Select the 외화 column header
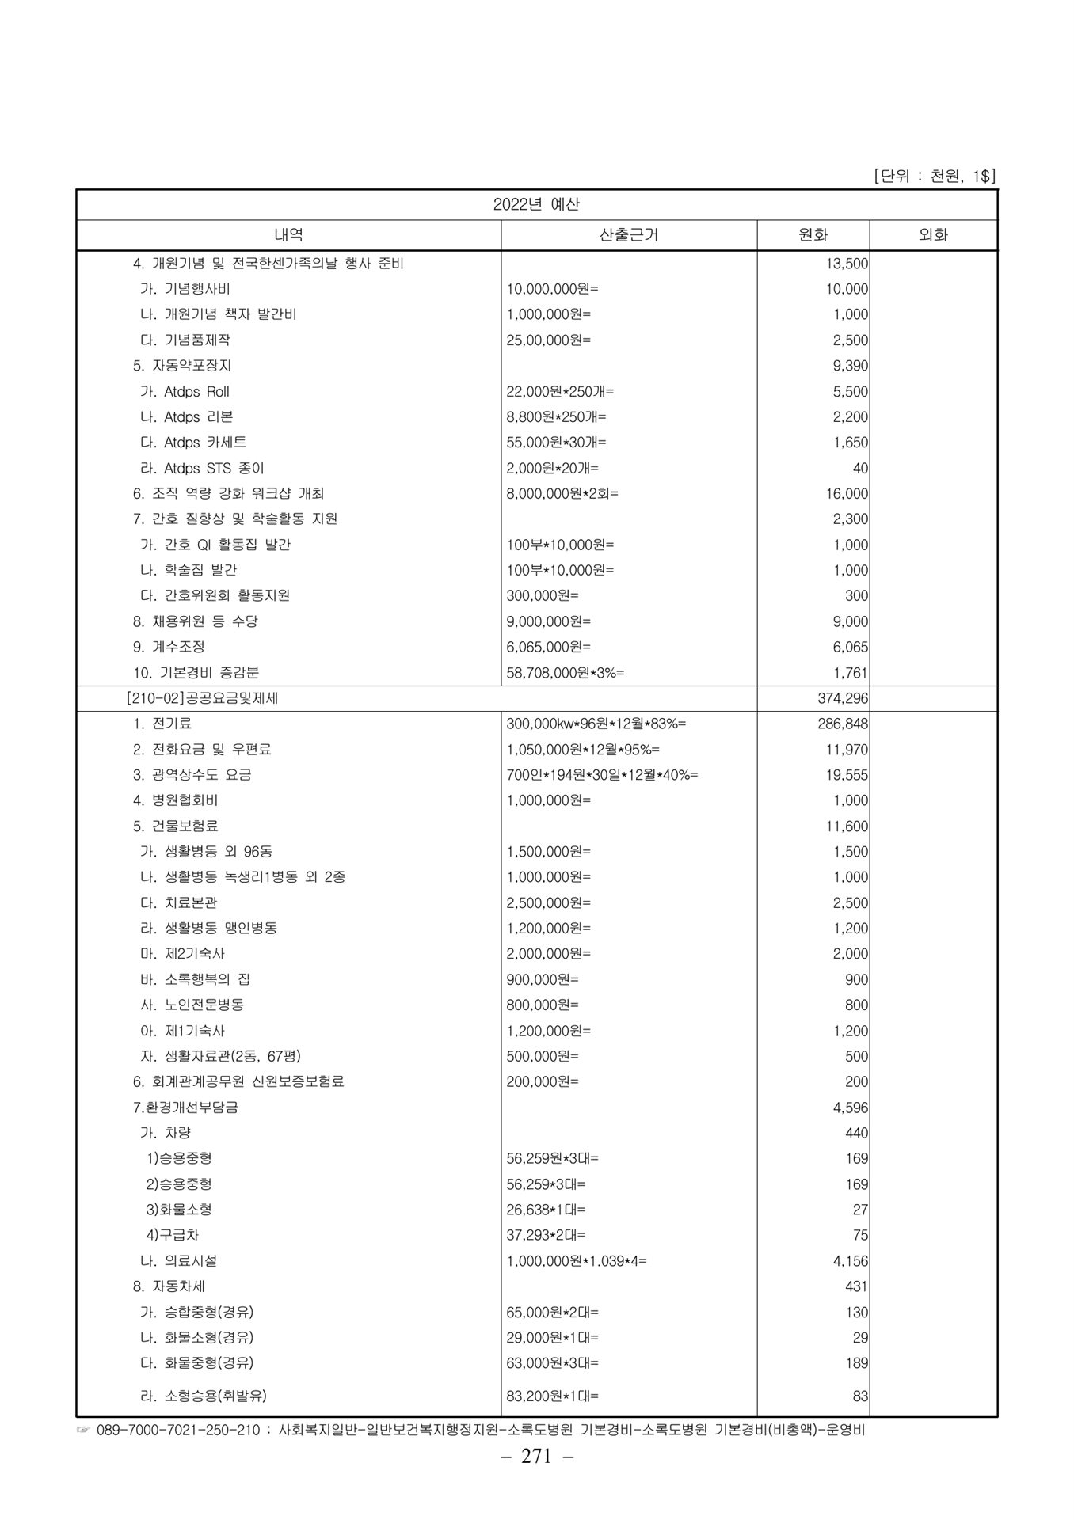coord(933,234)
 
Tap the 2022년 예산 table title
coord(536,204)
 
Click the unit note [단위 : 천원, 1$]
coord(934,176)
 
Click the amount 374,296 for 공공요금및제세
coord(843,698)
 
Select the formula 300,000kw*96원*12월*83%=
coord(596,724)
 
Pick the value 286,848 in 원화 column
coord(843,724)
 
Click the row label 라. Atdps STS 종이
coord(202,468)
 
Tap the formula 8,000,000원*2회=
coord(562,493)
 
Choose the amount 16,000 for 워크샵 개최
coord(847,493)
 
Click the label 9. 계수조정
coord(169,647)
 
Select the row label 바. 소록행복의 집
coord(195,979)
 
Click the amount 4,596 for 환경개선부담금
coord(850,1108)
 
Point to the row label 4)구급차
coord(173,1235)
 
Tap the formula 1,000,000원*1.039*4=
coord(577,1261)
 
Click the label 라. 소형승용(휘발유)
coord(208,1396)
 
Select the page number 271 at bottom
coord(536,1457)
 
